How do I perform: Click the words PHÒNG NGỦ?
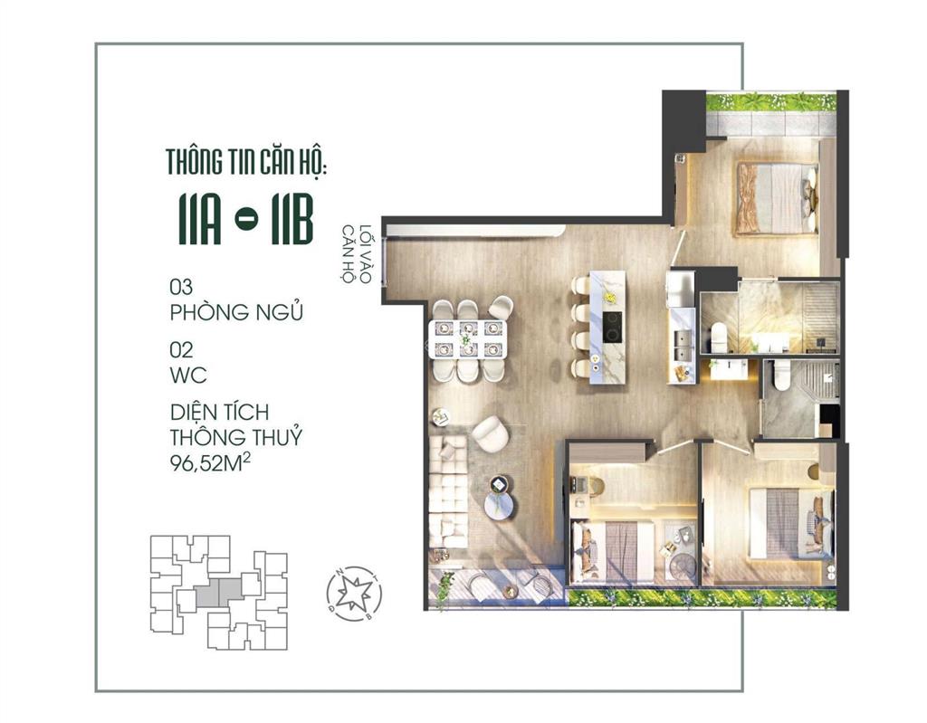236,313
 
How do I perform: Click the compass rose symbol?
353,594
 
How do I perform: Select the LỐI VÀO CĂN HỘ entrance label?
354,254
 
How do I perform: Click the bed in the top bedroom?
777,197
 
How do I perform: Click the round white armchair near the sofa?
492,434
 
